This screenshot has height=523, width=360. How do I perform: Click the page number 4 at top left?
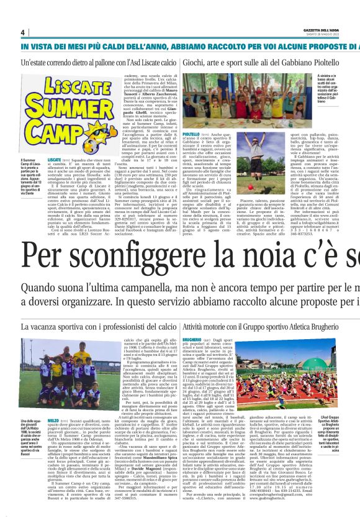coord(22,32)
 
